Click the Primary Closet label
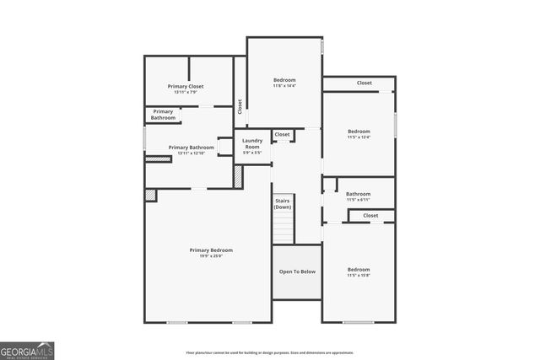tap(186, 86)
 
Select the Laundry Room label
tap(252, 143)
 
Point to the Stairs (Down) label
tap(283, 203)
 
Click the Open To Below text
tap(297, 271)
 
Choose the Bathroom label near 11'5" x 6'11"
tap(358, 194)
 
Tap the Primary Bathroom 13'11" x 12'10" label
tap(191, 148)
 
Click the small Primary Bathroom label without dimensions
tap(164, 115)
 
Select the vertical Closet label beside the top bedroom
tap(240, 105)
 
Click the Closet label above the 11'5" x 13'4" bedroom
tap(364, 83)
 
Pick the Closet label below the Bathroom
tap(371, 216)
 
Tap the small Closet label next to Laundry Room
tap(283, 134)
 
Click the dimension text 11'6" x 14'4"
tap(284, 86)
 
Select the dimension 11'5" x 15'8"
tap(359, 275)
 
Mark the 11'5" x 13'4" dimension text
tap(359, 137)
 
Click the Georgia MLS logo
tap(27, 350)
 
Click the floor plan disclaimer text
tap(270, 352)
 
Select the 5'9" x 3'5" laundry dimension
tap(252, 153)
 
